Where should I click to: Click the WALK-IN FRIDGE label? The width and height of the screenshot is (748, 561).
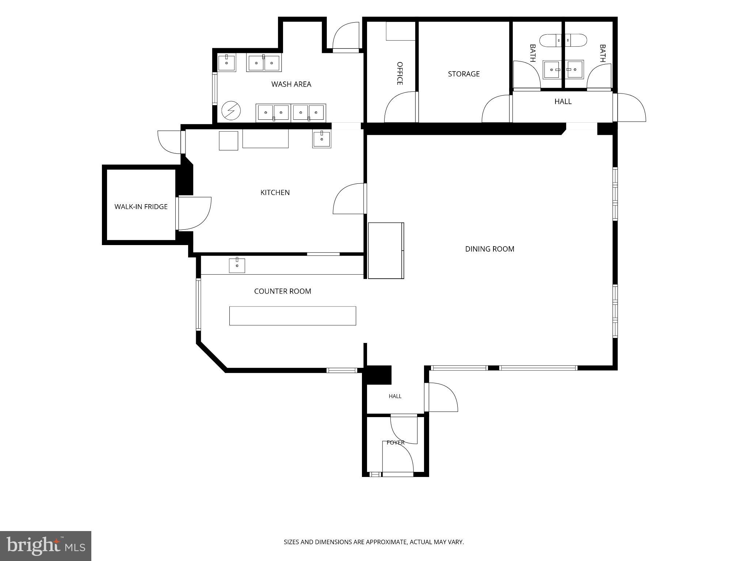[141, 207]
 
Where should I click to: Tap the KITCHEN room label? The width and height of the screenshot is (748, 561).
[275, 192]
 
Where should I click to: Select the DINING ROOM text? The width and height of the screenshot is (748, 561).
[489, 249]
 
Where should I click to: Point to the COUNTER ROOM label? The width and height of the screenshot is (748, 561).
[283, 291]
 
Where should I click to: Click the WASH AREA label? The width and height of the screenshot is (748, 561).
[291, 84]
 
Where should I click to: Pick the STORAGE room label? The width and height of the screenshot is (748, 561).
[464, 74]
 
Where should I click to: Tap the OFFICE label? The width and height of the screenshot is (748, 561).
[400, 73]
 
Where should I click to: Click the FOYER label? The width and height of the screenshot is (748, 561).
[396, 443]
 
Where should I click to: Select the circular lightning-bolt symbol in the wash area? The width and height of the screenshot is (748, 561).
[231, 110]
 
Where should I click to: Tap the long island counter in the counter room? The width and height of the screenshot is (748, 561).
[293, 316]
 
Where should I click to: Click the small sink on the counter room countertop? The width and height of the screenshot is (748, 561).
[237, 265]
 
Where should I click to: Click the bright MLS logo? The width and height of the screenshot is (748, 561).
[46, 546]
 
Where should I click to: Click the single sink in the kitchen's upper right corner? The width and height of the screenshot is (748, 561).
[322, 139]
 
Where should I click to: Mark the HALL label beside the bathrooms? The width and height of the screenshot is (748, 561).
[563, 102]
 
